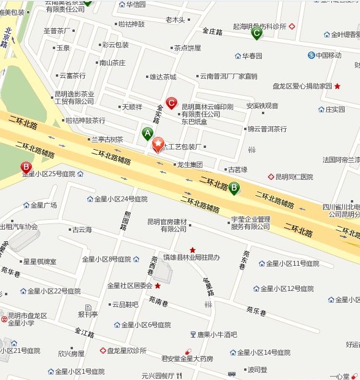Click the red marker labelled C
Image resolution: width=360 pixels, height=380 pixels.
click(172, 103)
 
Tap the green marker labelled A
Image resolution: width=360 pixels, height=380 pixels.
click(147, 133)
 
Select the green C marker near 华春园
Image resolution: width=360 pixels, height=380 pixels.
click(256, 33)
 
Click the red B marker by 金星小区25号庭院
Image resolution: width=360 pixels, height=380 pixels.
click(26, 166)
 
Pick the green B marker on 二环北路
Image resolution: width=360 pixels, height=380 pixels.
click(234, 188)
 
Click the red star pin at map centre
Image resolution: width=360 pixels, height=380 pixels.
click(158, 145)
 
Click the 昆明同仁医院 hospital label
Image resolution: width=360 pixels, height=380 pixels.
click(293, 177)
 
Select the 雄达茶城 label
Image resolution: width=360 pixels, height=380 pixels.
click(163, 77)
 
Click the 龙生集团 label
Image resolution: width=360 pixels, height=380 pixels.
click(190, 165)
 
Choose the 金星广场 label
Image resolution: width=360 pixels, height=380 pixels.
click(44, 205)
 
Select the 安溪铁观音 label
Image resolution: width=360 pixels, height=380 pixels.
click(262, 106)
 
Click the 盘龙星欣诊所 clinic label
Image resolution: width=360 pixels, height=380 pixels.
click(126, 351)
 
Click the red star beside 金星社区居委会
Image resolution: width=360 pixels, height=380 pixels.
click(158, 285)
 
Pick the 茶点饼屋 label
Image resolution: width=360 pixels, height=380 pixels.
click(186, 47)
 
